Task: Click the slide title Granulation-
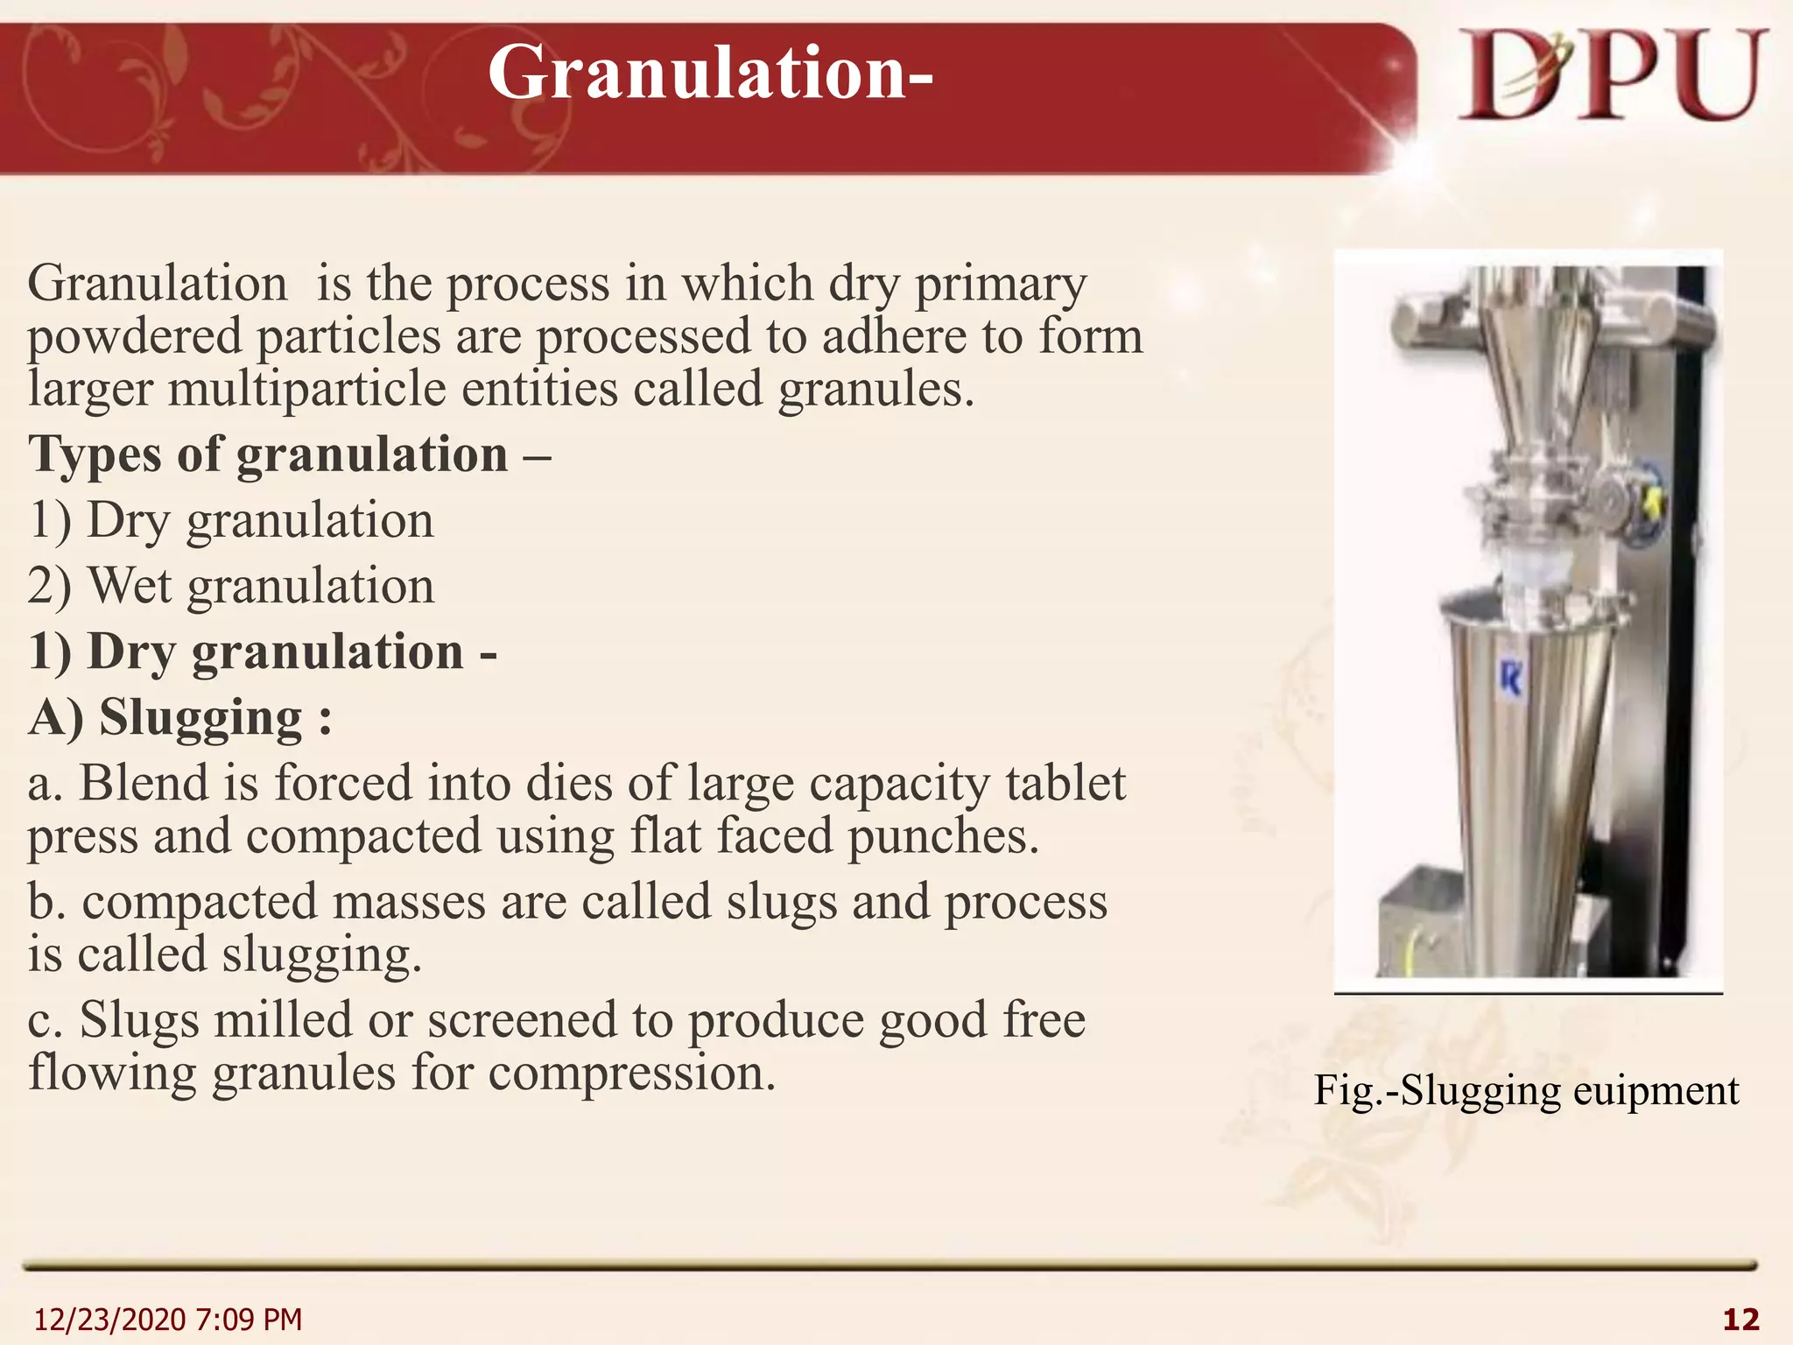click(x=710, y=74)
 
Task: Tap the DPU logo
click(x=1612, y=77)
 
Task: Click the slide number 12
click(x=1740, y=1319)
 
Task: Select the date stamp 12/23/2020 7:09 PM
click(x=167, y=1319)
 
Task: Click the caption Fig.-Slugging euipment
click(x=1526, y=1091)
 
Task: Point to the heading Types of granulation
click(x=268, y=455)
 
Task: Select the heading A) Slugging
click(x=180, y=718)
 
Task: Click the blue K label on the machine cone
click(x=1510, y=679)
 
